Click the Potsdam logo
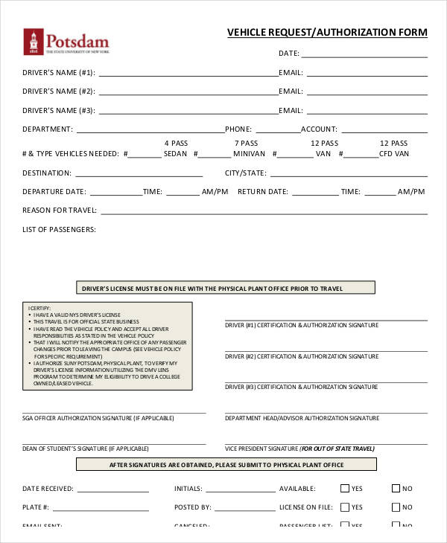pos(66,42)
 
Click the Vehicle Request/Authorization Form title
pos(327,33)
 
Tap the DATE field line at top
pos(364,56)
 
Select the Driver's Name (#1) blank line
pos(188,75)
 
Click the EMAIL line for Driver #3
pos(366,113)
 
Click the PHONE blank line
pos(276,132)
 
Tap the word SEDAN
pos(176,154)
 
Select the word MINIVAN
pos(249,154)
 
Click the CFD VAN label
pos(394,154)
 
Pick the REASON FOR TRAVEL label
pos(60,211)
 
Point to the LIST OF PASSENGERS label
pos(59,230)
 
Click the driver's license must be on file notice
pos(226,288)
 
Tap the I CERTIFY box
pos(107,346)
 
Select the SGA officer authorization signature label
pos(87,419)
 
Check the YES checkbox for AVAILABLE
pos(345,489)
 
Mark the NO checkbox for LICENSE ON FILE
pos(396,507)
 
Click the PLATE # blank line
pos(101,510)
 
